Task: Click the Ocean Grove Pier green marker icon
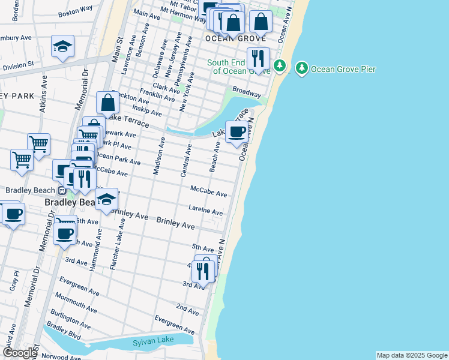[x=302, y=69]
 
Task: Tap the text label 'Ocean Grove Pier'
[x=343, y=70]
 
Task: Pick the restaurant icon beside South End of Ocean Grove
[x=258, y=59]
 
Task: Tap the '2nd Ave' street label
[x=187, y=310]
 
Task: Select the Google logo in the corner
[x=19, y=353]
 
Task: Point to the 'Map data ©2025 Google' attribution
[x=412, y=355]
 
